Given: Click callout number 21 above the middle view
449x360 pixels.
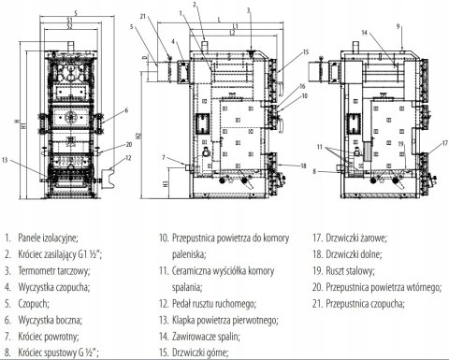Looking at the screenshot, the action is [x=143, y=17].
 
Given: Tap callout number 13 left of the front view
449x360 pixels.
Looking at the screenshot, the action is [x=5, y=160].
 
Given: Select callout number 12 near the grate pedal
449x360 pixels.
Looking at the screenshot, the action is [x=128, y=158].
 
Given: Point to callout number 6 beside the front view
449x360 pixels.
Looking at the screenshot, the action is [x=126, y=110].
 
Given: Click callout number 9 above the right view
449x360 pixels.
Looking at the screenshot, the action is [x=398, y=26].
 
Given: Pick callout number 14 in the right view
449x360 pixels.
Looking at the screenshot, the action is [x=364, y=33].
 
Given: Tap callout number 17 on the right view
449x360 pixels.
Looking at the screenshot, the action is [x=445, y=144].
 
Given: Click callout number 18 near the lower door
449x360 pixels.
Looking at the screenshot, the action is [x=303, y=166].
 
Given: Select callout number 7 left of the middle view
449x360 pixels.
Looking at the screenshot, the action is [x=164, y=158].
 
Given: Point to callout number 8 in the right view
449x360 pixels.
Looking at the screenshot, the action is [x=314, y=171].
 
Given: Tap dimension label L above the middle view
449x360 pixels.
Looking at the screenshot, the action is [x=219, y=20].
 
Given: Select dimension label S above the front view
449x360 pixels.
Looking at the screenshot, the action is [x=76, y=13].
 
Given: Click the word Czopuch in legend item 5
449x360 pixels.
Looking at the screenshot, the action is [x=34, y=303].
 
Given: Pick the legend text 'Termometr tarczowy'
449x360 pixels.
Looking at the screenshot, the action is [x=54, y=270].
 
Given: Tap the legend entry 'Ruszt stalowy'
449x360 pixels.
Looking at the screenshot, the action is [x=350, y=270].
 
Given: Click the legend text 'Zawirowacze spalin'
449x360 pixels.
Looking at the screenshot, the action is [x=206, y=337].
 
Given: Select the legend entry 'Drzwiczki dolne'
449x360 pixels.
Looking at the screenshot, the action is [x=354, y=254].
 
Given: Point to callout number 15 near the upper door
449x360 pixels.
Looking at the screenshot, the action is [x=305, y=51].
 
